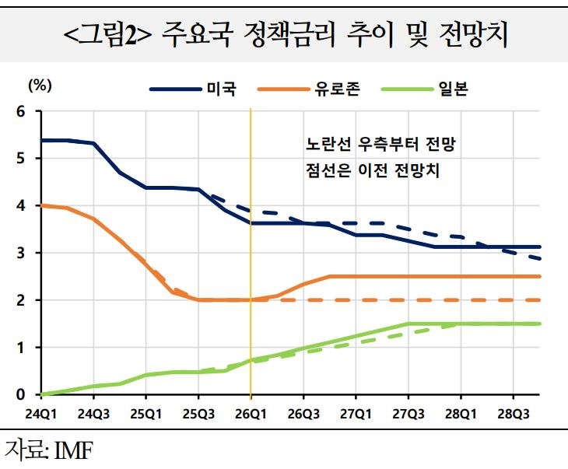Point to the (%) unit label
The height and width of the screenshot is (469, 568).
coord(40,82)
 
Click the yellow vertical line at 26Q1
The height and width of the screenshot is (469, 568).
coord(251,327)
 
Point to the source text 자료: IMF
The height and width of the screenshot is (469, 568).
coord(48,450)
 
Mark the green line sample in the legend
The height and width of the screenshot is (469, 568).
coord(406,90)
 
